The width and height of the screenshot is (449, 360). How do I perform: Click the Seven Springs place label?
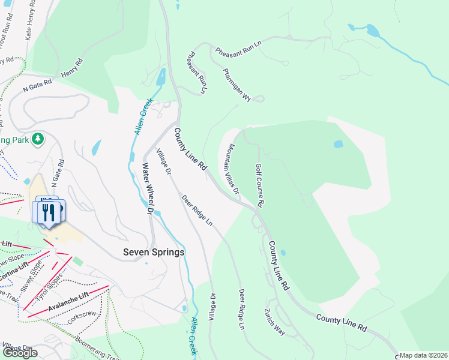click(154, 253)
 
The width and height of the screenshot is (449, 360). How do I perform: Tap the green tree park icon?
click(38, 139)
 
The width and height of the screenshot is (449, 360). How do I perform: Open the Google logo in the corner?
click(19, 353)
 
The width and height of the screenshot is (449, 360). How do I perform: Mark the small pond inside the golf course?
click(339, 145)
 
